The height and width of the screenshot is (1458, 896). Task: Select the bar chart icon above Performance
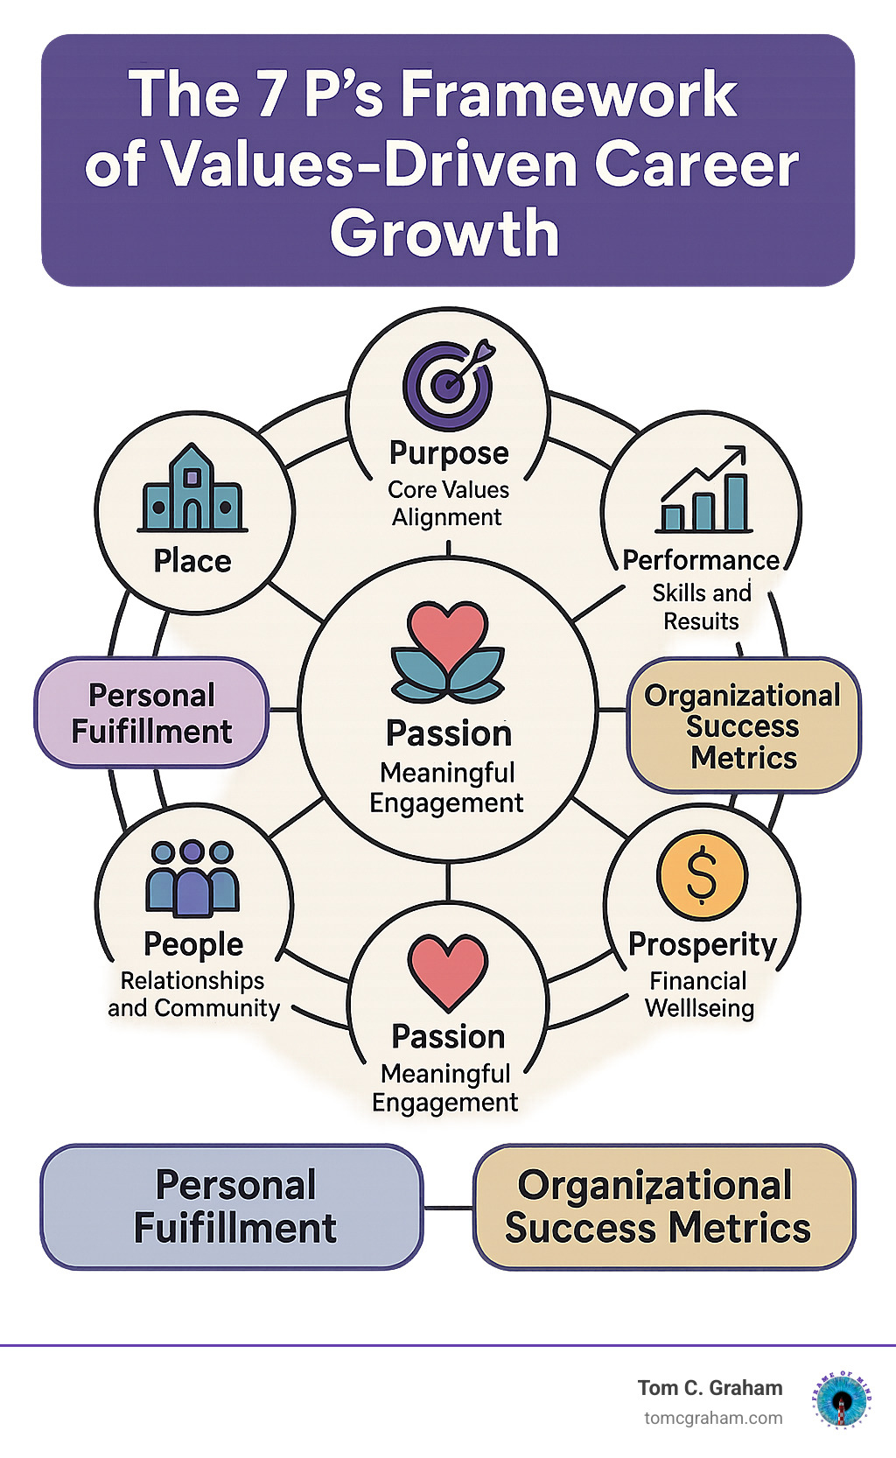point(703,491)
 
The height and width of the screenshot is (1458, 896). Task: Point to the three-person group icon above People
point(192,879)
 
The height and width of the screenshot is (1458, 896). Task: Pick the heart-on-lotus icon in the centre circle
point(448,653)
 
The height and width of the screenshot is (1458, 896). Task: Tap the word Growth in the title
point(444,234)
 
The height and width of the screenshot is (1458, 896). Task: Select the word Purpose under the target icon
point(449,453)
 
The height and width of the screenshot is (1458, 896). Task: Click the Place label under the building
point(192,561)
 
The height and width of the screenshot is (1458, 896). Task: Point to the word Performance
point(701,560)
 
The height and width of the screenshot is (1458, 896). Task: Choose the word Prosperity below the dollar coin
point(703,944)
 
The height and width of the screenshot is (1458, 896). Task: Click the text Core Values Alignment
point(448,503)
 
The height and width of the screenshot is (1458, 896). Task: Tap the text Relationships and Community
point(193,994)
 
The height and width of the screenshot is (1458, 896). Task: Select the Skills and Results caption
point(702,607)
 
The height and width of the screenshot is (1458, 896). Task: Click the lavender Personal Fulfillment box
point(151,713)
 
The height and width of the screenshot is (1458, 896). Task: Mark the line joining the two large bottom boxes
point(448,1208)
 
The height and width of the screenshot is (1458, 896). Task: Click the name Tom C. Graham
point(710,1388)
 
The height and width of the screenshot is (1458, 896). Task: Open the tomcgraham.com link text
point(713,1419)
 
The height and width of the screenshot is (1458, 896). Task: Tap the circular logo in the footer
point(842,1398)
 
